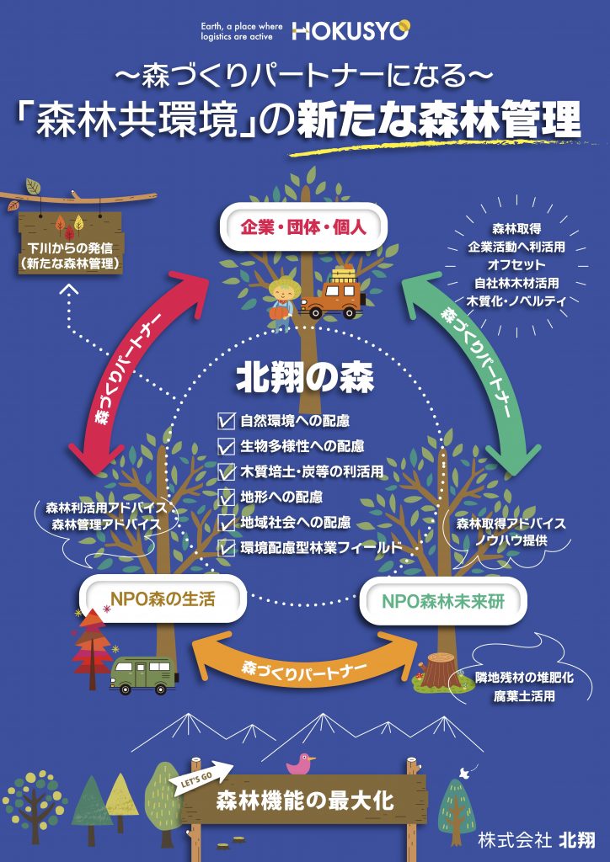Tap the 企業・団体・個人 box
pos(302,226)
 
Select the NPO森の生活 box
pos(163,601)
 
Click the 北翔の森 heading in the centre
pos(304,377)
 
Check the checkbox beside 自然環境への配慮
pos(226,420)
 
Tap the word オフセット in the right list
pos(516,265)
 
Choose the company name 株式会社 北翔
pos(536,839)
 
